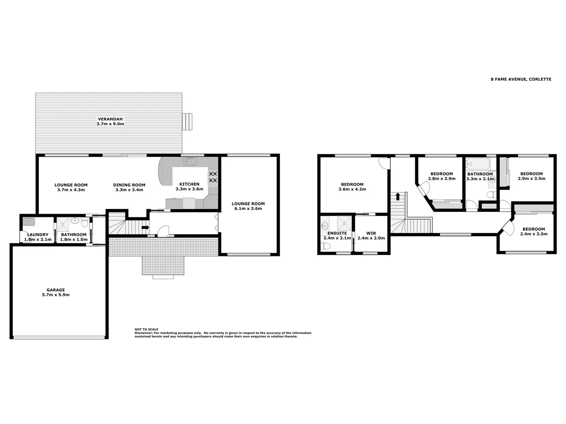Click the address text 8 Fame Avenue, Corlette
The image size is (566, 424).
520,79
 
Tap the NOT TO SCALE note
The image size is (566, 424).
146,329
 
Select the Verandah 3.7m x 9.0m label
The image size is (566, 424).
110,121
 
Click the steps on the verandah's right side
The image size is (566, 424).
187,121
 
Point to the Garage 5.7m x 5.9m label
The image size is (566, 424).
55,292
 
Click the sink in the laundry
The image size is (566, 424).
28,222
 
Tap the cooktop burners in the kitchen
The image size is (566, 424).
213,177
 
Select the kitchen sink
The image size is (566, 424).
189,161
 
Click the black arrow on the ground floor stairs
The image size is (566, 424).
145,227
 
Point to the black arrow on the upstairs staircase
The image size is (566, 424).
398,196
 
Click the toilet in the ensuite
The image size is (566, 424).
325,246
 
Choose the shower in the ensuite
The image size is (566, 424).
344,223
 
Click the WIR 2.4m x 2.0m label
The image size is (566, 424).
371,236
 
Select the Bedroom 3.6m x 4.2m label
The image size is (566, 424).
352,186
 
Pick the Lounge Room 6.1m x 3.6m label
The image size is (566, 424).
248,206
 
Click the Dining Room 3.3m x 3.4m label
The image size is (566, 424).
129,187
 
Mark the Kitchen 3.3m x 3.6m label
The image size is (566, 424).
189,186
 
